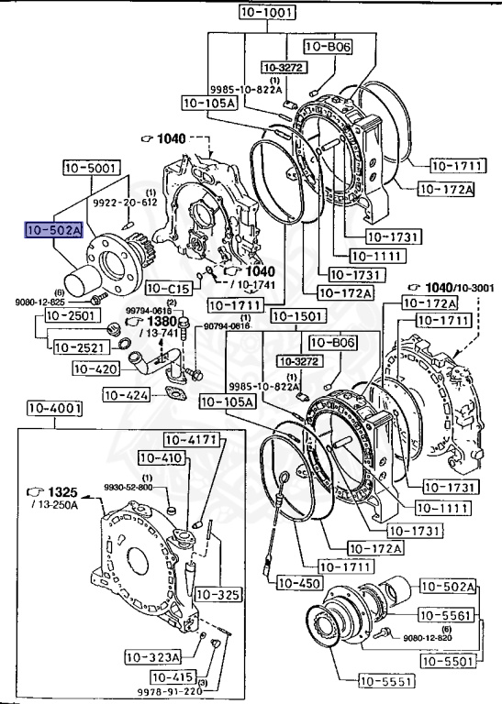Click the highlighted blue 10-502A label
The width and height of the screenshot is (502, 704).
(x=54, y=230)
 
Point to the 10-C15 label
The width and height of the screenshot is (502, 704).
(x=168, y=288)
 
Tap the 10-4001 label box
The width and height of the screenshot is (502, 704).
(x=54, y=408)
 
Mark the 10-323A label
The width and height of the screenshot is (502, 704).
(x=154, y=656)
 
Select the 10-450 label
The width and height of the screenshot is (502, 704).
(x=298, y=582)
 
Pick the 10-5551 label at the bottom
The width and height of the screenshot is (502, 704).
(x=386, y=680)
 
